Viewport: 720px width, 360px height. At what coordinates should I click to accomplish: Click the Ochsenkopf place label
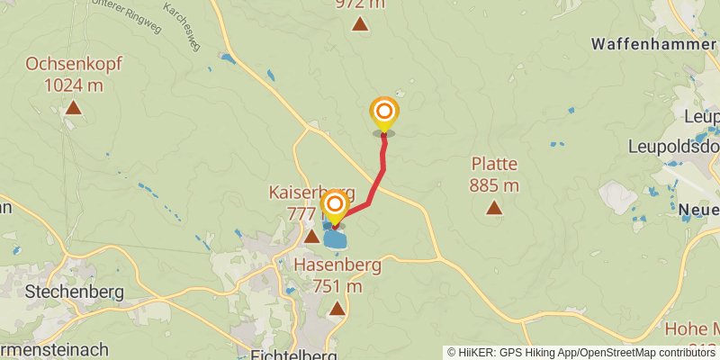74,65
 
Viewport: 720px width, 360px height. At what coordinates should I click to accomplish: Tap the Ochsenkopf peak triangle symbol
73,109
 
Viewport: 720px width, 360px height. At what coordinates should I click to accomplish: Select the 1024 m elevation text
74,85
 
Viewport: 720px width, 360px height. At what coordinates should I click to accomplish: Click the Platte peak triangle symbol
493,208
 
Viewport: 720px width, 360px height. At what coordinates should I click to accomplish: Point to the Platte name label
493,164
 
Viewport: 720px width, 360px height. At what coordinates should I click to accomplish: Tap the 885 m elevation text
493,185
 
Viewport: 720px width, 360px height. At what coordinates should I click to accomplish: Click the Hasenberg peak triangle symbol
337,309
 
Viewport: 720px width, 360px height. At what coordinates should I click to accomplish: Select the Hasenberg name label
337,265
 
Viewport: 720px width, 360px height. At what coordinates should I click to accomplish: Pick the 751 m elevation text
337,286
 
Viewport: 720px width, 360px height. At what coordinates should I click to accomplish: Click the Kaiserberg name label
312,193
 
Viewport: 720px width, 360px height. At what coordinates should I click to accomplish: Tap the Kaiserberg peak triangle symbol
311,237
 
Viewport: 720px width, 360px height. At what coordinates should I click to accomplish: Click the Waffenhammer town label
654,43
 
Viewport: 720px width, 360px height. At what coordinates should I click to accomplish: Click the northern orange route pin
384,112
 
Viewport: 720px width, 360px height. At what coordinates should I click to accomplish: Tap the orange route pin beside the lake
335,206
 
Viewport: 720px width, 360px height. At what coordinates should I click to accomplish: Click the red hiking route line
382,166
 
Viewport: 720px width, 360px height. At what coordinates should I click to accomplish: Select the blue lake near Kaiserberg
336,238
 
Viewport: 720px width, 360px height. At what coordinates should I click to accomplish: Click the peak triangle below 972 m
360,24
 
